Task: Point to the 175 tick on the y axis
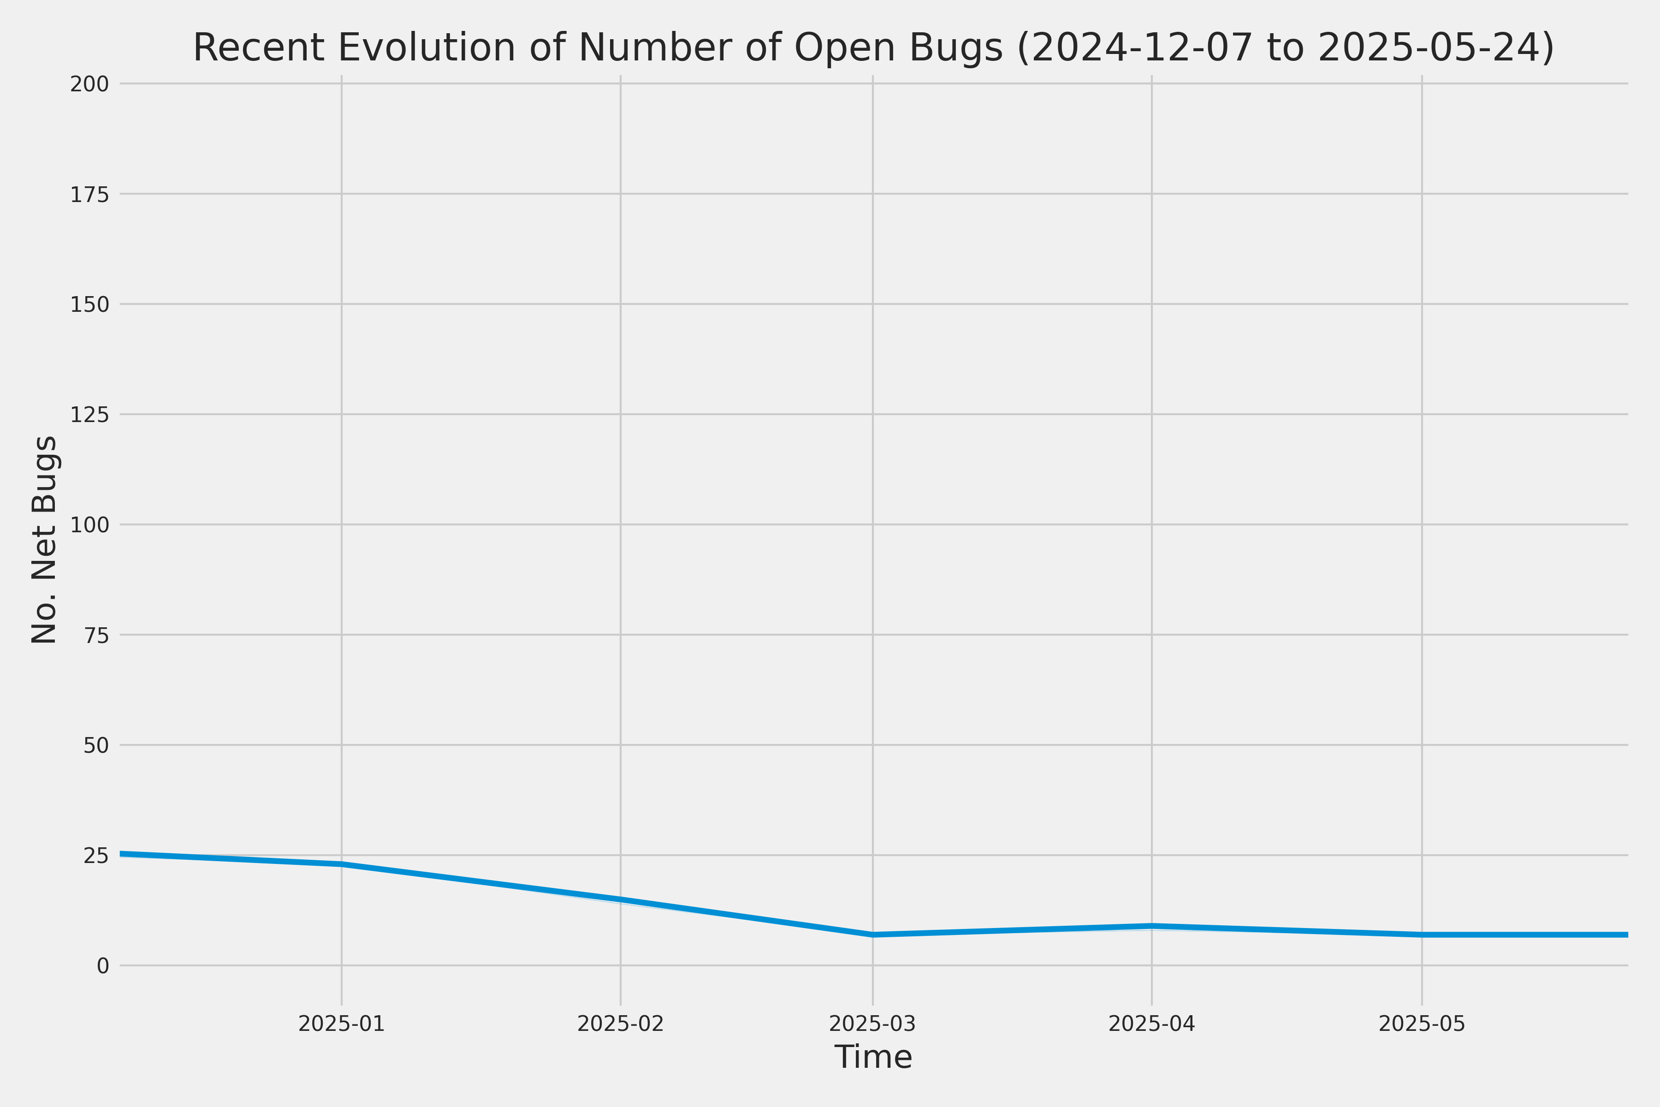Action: pyautogui.click(x=89, y=195)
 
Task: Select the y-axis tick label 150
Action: pyautogui.click(x=89, y=305)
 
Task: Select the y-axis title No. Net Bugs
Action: pyautogui.click(x=44, y=539)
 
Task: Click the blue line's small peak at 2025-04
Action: pyautogui.click(x=1152, y=926)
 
